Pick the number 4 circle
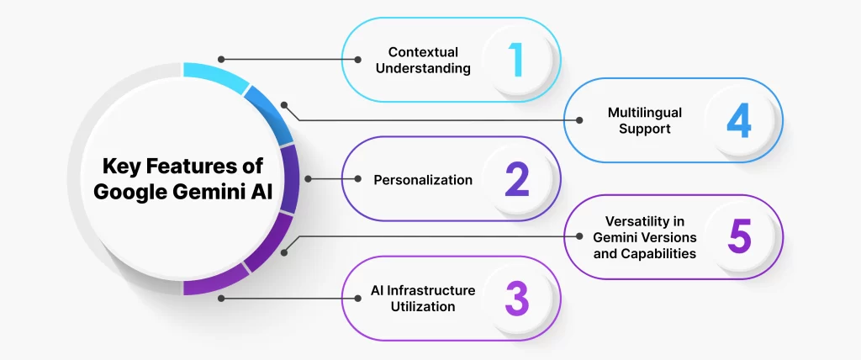point(738,120)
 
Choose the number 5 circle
point(738,236)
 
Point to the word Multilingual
point(644,112)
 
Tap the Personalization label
point(423,180)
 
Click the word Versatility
point(644,221)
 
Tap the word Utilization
point(423,306)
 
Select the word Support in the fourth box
point(645,129)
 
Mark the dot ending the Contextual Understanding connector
point(221,60)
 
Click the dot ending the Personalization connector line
point(308,179)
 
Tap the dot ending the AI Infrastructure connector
point(221,299)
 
